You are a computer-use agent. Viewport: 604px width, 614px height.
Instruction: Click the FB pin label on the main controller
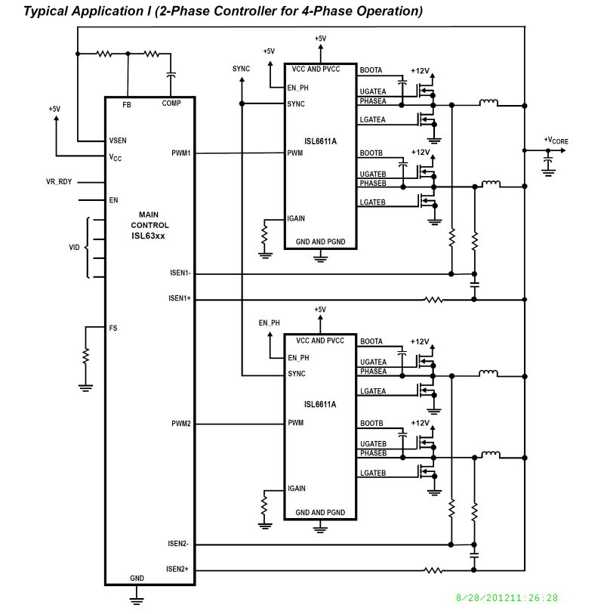pyautogui.click(x=127, y=104)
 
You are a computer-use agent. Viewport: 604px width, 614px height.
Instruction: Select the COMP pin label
pyautogui.click(x=171, y=104)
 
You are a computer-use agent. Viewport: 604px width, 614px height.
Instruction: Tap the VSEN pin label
pyautogui.click(x=118, y=141)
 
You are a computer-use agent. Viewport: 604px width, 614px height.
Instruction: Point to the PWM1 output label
pyautogui.click(x=181, y=153)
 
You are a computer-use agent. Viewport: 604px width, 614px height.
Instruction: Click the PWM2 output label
pyautogui.click(x=181, y=424)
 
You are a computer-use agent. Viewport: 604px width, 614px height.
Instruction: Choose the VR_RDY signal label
pyautogui.click(x=59, y=182)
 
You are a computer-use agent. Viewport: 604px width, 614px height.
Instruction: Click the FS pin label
pyautogui.click(x=113, y=328)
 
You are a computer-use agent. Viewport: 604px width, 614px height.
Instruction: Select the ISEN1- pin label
pyautogui.click(x=178, y=273)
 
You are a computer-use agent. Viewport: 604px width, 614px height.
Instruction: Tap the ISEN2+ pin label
pyautogui.click(x=178, y=569)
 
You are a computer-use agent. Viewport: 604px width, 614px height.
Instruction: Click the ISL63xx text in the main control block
pyautogui.click(x=149, y=236)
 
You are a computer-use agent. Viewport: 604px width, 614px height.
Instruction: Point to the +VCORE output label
pyautogui.click(x=556, y=140)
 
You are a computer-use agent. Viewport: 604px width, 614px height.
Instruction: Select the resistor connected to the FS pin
pyautogui.click(x=86, y=355)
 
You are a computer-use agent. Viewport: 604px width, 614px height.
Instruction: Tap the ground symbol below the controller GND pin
pyautogui.click(x=137, y=600)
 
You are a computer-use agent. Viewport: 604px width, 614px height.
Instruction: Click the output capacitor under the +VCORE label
pyautogui.click(x=548, y=162)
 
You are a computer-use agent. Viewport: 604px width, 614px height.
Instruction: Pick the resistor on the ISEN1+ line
pyautogui.click(x=433, y=300)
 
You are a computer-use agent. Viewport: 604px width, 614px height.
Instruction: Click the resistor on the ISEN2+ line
pyautogui.click(x=433, y=571)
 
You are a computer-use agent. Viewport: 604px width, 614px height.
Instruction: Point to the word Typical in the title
pyautogui.click(x=47, y=11)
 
